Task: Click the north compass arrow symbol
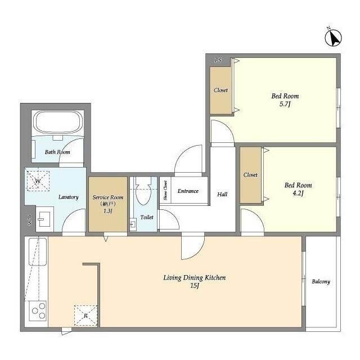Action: coord(334,37)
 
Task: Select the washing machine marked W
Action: coord(38,181)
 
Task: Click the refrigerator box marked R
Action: coord(85,316)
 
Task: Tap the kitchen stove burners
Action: coord(38,310)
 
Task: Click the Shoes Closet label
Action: coord(165,191)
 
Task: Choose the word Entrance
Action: coord(188,191)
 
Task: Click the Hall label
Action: coord(222,194)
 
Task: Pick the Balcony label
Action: coord(321,282)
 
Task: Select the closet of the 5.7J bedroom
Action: coord(220,90)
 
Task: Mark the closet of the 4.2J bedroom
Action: coord(250,175)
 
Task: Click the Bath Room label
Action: coord(57,152)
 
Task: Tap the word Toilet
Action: coord(146,217)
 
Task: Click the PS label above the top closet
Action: coord(218,60)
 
